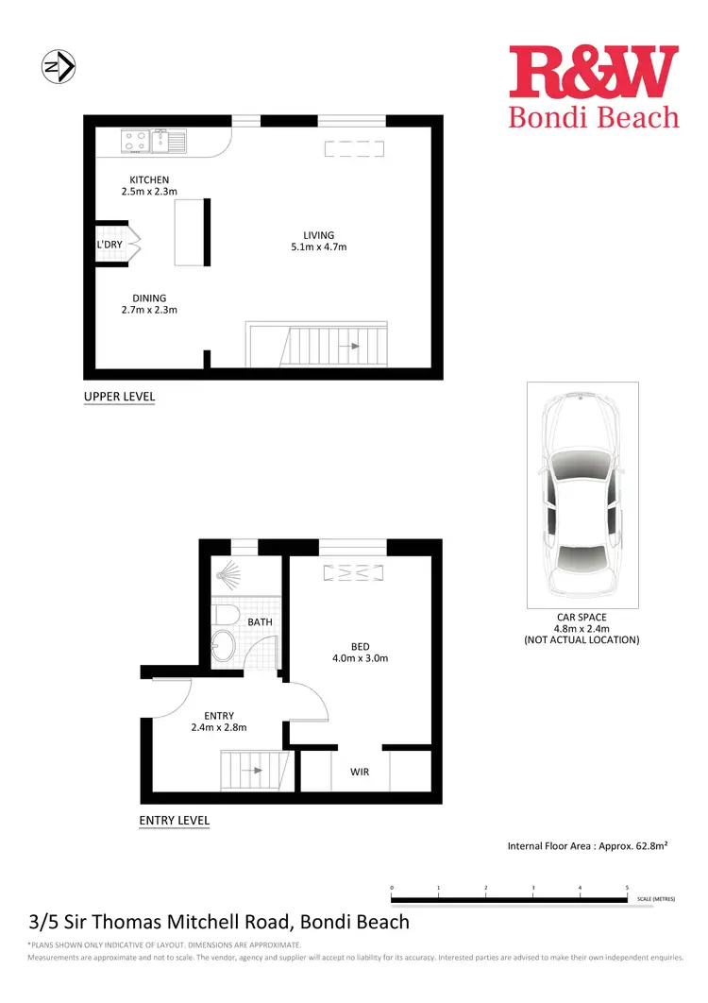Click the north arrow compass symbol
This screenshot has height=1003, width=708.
click(x=59, y=67)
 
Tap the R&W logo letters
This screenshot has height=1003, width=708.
click(x=594, y=73)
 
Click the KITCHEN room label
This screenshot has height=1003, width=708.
click(x=149, y=179)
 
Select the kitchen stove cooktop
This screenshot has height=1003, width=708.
click(x=134, y=142)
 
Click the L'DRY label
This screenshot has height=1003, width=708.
click(x=110, y=245)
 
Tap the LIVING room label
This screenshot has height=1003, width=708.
click(x=318, y=235)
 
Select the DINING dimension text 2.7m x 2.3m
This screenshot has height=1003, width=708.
click(x=149, y=310)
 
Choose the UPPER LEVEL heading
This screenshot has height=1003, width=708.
click(x=119, y=397)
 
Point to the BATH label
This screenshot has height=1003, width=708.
click(x=261, y=622)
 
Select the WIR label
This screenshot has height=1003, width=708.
click(x=360, y=772)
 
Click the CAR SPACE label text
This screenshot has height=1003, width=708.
click(x=581, y=616)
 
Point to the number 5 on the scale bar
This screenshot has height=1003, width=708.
click(x=627, y=888)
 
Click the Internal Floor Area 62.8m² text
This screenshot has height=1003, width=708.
click(x=587, y=846)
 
